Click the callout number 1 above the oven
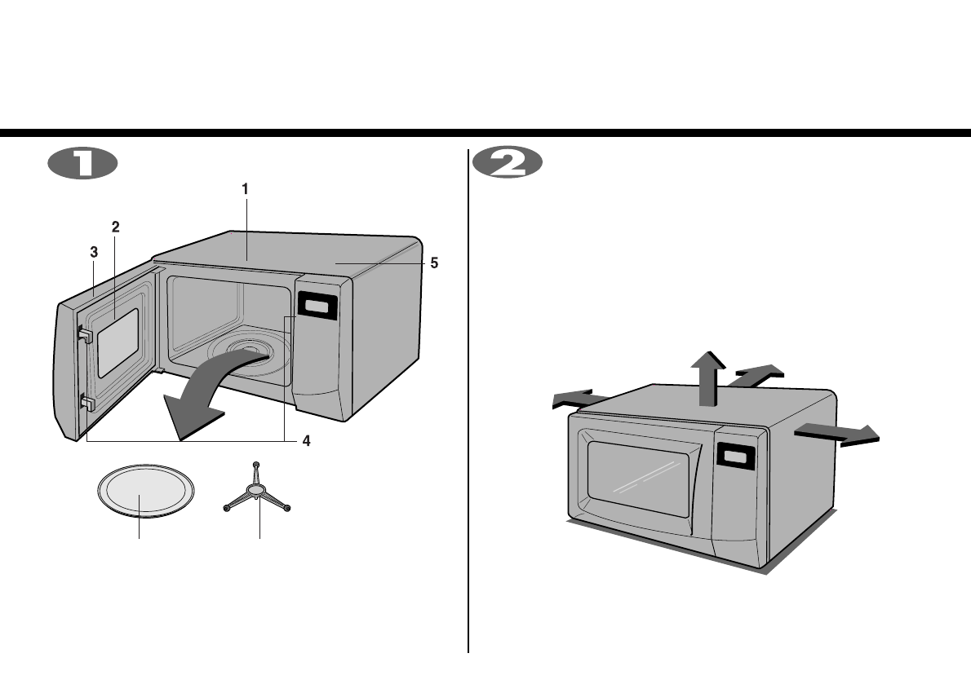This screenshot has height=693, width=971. [x=245, y=188]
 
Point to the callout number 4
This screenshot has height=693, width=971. [x=306, y=442]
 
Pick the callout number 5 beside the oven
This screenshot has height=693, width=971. [x=434, y=263]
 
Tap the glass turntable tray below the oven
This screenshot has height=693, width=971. [x=145, y=491]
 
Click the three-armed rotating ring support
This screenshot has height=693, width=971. [x=257, y=490]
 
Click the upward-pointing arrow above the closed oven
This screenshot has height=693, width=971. [x=707, y=377]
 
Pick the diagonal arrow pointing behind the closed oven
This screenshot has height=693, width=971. [x=756, y=375]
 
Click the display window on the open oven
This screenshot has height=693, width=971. [x=317, y=307]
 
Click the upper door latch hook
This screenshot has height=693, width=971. [x=85, y=333]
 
